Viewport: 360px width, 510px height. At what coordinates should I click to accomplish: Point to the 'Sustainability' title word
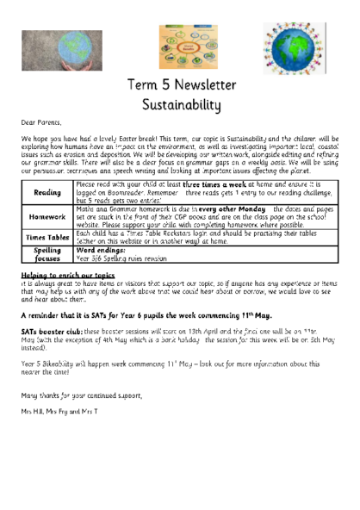tap(180, 105)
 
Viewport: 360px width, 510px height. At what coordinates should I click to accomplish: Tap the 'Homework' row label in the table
tap(47, 216)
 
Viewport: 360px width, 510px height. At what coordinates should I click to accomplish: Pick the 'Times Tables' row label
tap(47, 238)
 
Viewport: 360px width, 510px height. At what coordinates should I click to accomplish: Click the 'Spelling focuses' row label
tap(47, 253)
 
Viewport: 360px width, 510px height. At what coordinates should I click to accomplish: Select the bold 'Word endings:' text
tap(102, 250)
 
